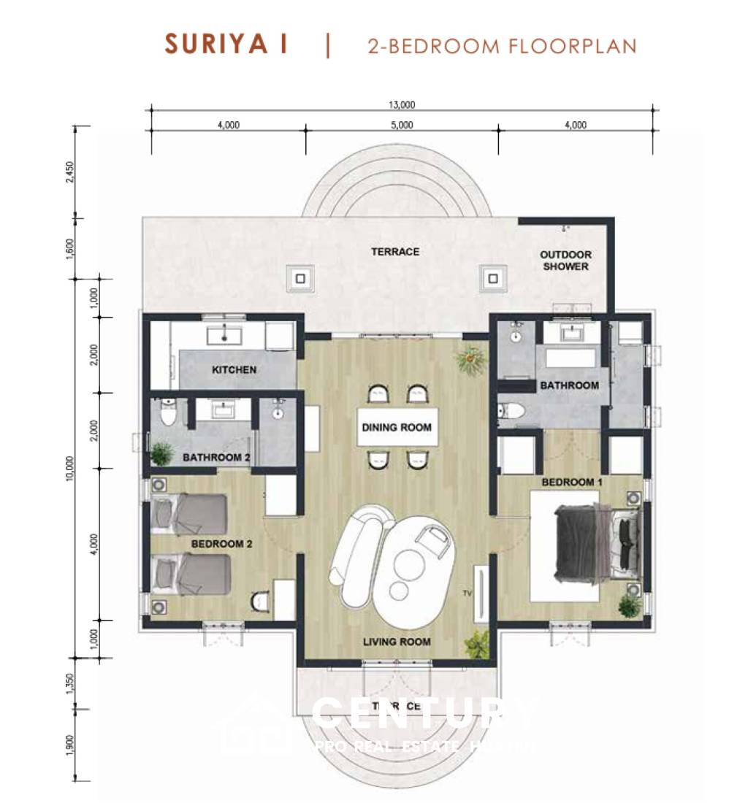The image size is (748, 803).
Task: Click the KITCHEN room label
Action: tap(234, 369)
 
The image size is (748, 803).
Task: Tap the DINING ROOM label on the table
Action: tap(397, 427)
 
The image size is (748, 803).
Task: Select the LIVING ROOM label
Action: tap(397, 642)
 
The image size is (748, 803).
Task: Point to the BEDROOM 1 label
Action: tap(572, 483)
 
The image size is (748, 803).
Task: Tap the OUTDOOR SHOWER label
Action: tap(565, 261)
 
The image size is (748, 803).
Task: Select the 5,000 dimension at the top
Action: tap(401, 125)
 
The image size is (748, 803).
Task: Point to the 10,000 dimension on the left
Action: tap(70, 467)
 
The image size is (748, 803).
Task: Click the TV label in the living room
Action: tap(465, 593)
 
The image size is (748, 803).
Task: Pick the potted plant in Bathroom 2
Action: tap(161, 453)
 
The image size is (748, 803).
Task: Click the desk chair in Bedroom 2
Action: tap(261, 600)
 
